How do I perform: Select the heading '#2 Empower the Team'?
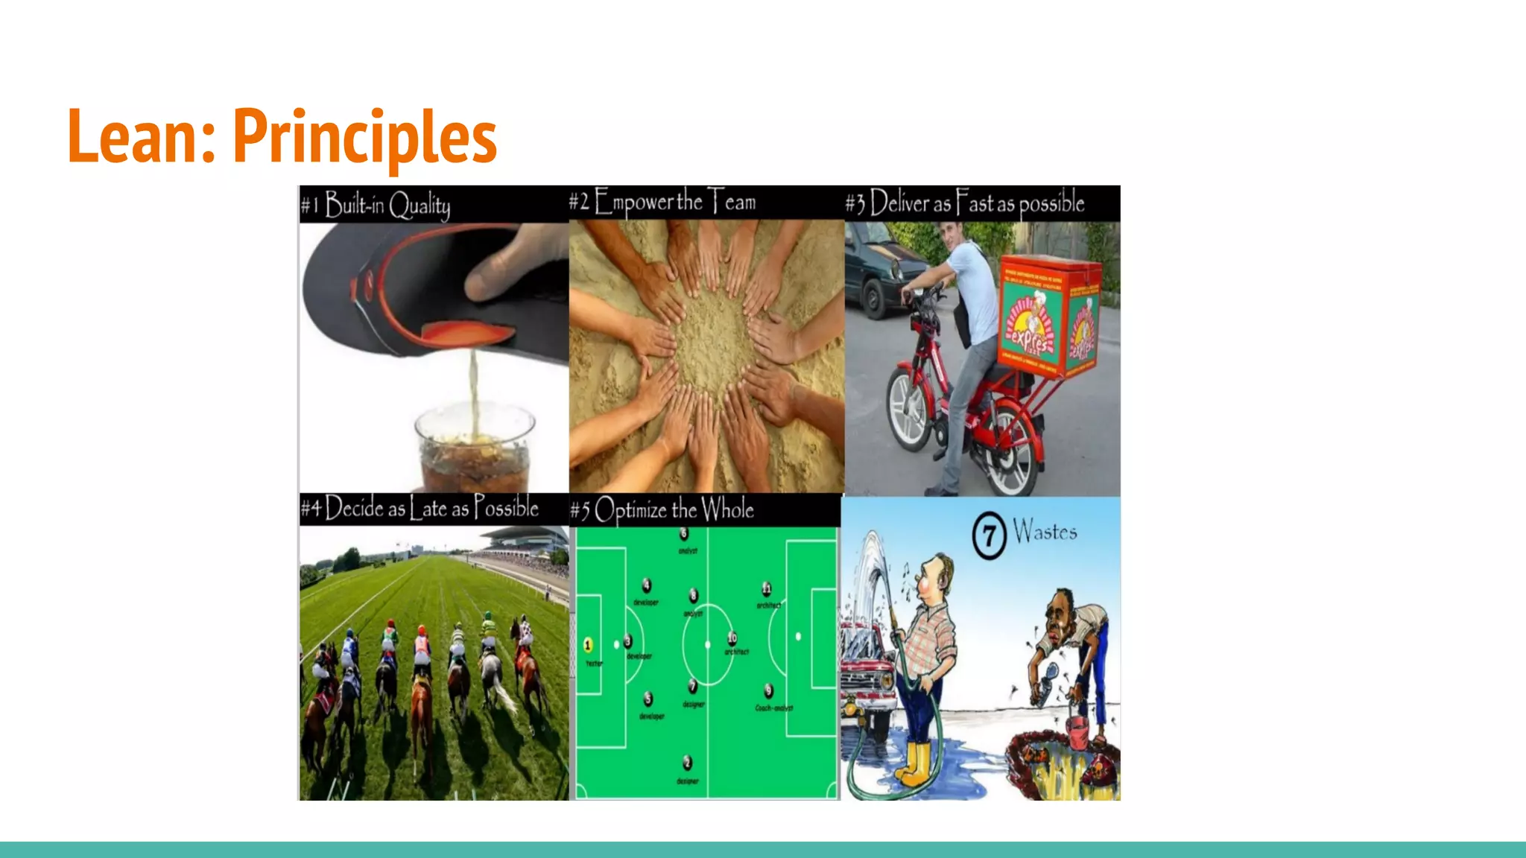662,202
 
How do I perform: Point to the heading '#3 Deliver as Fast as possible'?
965,203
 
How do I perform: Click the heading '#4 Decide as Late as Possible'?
420,509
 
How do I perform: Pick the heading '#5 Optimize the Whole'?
662,510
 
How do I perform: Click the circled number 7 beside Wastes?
989,536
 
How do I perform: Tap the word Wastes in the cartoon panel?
1045,532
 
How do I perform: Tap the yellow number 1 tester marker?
588,645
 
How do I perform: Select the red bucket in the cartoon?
1077,733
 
